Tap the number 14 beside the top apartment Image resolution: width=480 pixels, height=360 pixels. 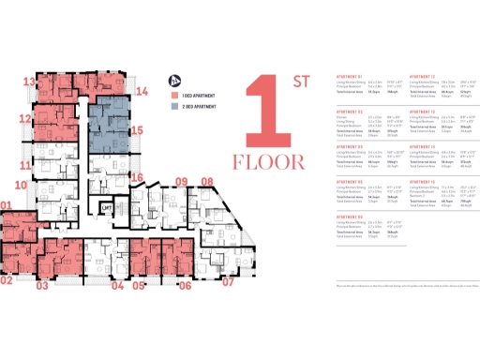(142, 92)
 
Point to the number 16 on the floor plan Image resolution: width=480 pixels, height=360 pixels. (137, 176)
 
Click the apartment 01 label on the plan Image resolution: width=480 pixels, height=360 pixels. (6, 206)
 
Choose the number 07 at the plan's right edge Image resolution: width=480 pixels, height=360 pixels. (227, 281)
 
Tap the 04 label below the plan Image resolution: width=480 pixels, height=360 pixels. (118, 286)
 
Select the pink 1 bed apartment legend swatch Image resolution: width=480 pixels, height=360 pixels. (174, 96)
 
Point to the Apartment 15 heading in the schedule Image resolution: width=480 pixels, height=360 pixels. (403, 181)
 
